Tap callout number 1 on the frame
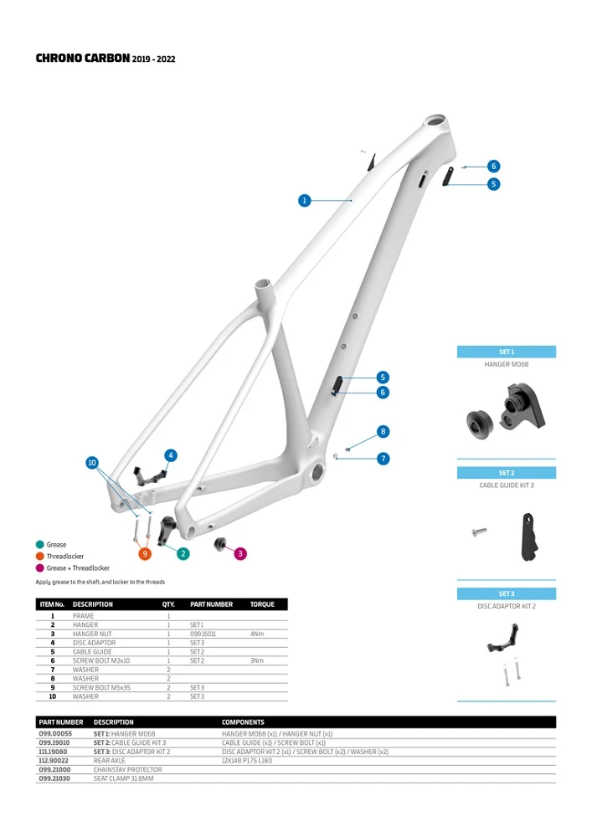305,200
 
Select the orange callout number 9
145,553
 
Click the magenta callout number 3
240,552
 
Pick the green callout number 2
183,553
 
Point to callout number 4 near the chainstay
171,455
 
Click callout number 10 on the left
92,462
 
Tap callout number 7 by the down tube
383,459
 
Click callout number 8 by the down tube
383,432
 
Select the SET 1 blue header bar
506,352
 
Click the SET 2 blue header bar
506,473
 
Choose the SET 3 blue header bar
506,593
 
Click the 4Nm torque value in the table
256,634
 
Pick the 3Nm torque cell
256,660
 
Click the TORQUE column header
262,604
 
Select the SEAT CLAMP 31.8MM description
128,778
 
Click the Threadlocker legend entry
64,557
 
